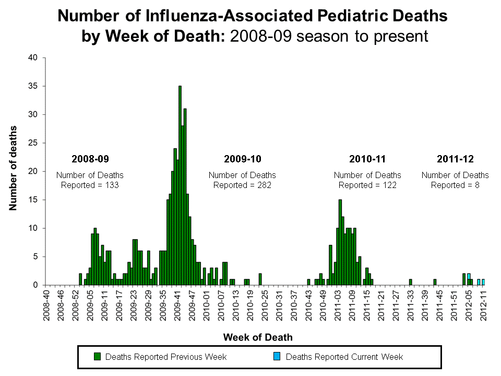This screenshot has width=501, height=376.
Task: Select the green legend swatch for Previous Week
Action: pos(97,357)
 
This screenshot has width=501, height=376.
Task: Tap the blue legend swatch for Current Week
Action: pos(277,357)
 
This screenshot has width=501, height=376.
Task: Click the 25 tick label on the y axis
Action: pos(33,143)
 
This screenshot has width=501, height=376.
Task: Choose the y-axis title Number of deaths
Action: pos(13,168)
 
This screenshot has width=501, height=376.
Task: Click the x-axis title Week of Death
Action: pos(258,337)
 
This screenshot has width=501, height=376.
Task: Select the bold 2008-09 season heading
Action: pos(90,159)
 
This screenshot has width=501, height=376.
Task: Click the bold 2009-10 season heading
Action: pos(242,159)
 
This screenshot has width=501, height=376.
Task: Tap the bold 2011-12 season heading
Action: pos(455,159)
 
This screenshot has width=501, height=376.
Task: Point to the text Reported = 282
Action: pos(242,185)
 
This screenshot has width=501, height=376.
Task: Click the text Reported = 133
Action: pos(90,185)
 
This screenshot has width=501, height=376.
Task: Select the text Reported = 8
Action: pos(455,185)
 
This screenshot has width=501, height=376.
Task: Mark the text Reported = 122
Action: pos(367,185)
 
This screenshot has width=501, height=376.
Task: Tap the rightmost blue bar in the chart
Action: pos(483,282)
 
